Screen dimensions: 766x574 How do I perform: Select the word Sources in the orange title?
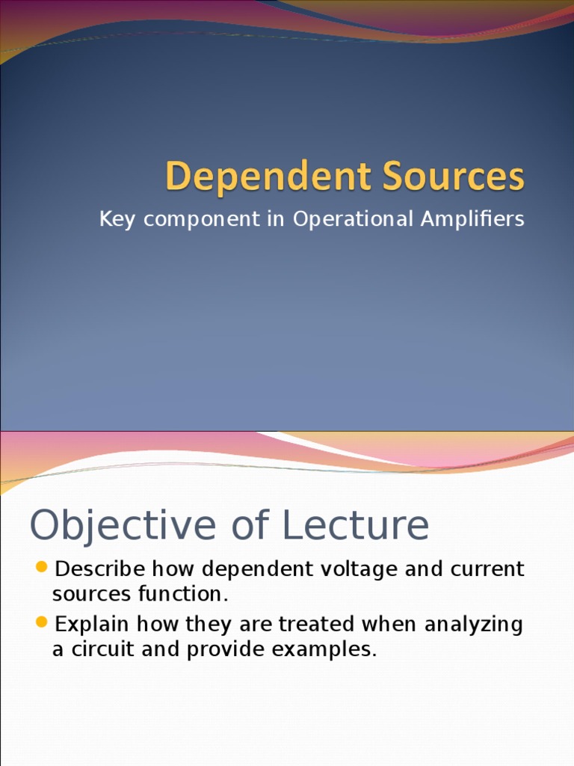[x=455, y=177]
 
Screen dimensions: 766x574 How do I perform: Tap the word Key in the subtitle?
[x=116, y=219]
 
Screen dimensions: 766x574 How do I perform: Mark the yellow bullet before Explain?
[x=42, y=622]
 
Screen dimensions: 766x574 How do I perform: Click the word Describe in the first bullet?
[x=100, y=569]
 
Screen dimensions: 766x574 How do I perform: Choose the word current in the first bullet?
[x=487, y=569]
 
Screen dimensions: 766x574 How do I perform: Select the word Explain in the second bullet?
[x=91, y=624]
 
